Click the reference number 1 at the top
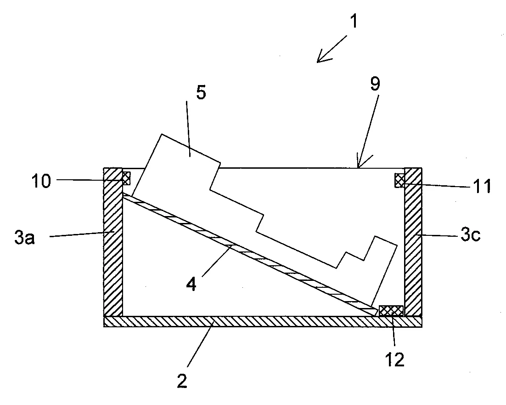pos(354,21)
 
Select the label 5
pos(188,92)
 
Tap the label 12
pos(395,359)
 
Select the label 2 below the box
pos(183,381)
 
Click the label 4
pos(191,285)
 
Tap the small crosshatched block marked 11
pos(399,180)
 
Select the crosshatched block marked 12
pos(391,311)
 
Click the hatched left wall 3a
pos(113,244)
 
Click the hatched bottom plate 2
pos(262,321)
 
